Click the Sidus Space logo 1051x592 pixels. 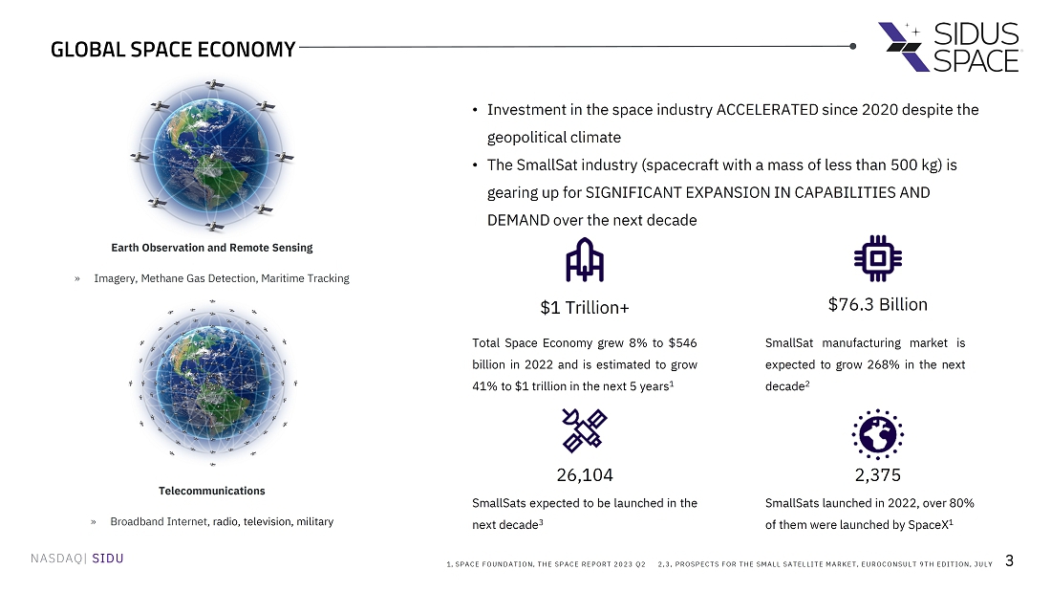click(949, 46)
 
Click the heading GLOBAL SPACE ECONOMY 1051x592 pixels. click(173, 51)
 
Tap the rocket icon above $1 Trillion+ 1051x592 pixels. click(585, 259)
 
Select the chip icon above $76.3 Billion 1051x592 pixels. click(877, 258)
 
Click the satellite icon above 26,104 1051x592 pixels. click(585, 429)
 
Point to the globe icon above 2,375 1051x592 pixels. click(877, 434)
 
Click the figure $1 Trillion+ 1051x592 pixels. click(585, 307)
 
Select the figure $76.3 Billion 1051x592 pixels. click(877, 305)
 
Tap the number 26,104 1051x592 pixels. click(585, 475)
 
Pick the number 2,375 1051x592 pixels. click(877, 475)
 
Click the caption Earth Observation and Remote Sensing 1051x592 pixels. click(212, 248)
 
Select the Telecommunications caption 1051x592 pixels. click(212, 491)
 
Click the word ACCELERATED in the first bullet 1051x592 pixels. click(767, 110)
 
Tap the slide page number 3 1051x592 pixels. click(1009, 561)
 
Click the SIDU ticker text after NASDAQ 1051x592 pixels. click(108, 559)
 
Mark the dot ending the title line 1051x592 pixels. click(852, 45)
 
